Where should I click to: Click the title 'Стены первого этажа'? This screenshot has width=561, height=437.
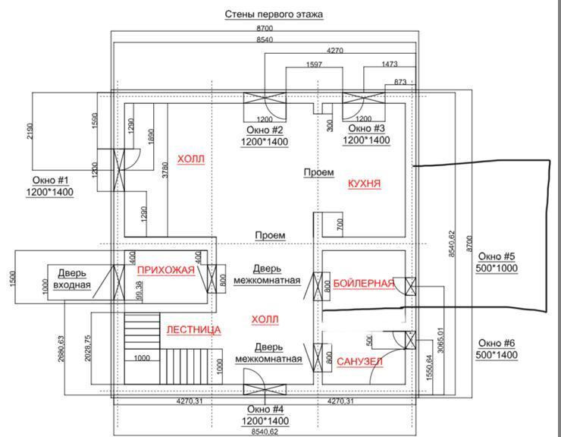[x=274, y=14]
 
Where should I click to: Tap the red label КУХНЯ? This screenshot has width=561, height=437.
[x=364, y=184]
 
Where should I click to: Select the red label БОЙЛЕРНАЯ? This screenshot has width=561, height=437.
[x=364, y=284]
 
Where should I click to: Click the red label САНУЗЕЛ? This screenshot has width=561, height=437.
[x=359, y=362]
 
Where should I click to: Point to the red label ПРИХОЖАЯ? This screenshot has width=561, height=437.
[x=166, y=270]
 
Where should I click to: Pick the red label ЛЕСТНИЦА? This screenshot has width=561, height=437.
[x=193, y=330]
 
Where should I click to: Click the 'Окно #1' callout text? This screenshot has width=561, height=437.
[x=51, y=181]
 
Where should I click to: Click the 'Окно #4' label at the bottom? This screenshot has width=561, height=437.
[x=264, y=410]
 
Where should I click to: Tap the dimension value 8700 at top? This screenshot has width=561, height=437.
[x=265, y=28]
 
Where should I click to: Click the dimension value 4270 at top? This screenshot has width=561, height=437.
[x=336, y=51]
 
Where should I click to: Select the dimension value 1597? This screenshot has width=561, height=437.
[x=315, y=64]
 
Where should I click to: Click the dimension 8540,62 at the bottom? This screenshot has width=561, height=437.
[x=265, y=430]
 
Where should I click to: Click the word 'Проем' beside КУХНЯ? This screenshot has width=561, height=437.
[x=318, y=173]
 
